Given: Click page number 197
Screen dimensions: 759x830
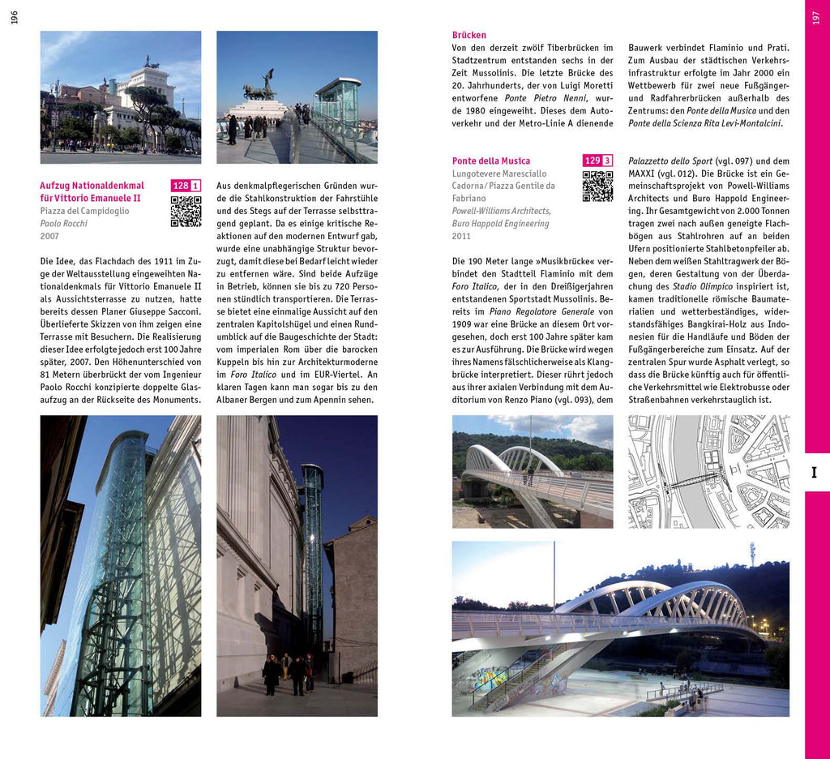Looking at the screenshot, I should [815, 17].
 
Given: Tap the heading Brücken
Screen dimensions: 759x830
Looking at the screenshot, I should [469, 35].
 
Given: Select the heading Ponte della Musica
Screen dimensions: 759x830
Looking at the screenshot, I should [491, 161].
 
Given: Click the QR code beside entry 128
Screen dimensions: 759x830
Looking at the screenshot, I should [186, 212].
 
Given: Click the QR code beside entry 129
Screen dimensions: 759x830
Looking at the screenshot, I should [597, 187].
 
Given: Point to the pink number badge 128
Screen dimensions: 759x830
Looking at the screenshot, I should [180, 186].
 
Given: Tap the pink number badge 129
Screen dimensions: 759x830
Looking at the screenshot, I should [592, 161].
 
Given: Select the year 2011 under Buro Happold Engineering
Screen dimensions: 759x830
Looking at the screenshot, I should [461, 236].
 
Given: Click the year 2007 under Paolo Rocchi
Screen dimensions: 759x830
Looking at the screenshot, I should [49, 236].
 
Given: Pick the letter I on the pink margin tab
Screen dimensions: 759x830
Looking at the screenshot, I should [815, 473].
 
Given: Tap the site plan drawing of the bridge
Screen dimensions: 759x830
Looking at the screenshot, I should [708, 471].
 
